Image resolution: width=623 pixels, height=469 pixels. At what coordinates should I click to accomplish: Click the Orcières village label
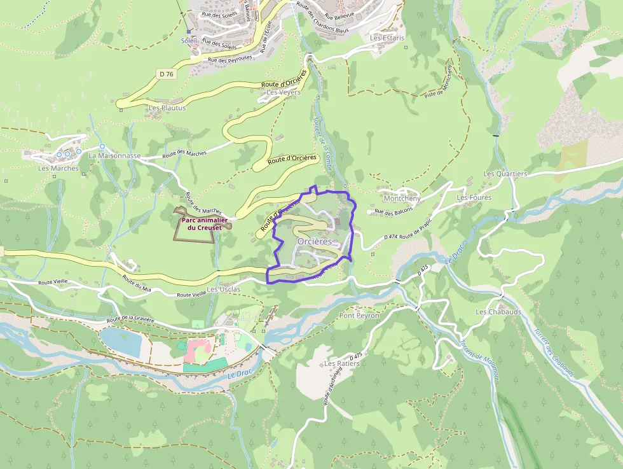tap(315, 242)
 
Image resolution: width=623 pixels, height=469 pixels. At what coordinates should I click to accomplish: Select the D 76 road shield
tap(167, 74)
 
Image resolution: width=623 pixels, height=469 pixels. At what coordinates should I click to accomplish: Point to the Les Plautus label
tap(167, 108)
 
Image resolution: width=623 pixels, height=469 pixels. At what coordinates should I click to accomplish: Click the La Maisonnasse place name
tap(114, 155)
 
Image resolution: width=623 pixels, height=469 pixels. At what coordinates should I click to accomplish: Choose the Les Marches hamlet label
tap(58, 169)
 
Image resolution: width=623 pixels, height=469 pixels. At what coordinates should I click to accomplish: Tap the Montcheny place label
tap(402, 199)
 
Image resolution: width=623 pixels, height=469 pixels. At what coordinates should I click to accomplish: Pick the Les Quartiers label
tap(505, 174)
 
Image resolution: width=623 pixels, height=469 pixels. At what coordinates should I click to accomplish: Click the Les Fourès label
tap(474, 198)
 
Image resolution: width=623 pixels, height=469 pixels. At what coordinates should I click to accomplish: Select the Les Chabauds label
tap(498, 312)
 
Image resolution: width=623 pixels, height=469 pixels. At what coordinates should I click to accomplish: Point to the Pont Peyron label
tap(359, 316)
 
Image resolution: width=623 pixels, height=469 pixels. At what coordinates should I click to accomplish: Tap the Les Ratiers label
tap(341, 364)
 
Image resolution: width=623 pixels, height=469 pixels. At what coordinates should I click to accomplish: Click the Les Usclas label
tap(224, 290)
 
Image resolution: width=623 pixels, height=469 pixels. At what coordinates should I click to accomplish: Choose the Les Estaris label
tap(387, 38)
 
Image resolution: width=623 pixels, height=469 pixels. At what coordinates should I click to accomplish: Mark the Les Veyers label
tap(284, 92)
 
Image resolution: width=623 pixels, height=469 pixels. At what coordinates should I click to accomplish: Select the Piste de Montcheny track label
tap(439, 81)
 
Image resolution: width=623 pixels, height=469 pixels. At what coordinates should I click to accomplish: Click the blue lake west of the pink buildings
tap(121, 340)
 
